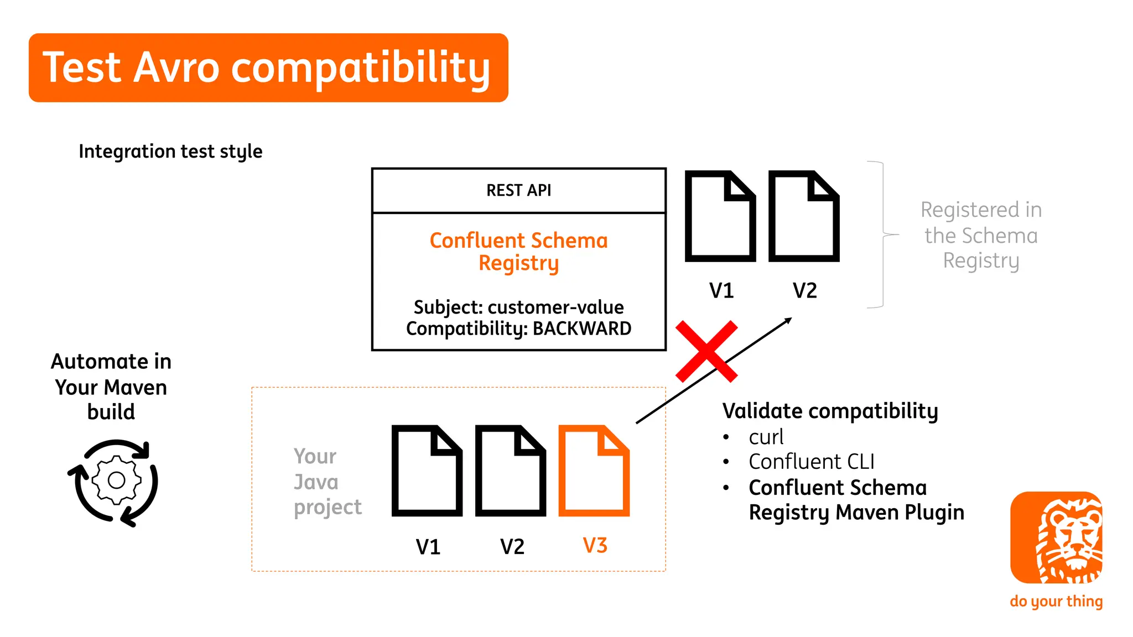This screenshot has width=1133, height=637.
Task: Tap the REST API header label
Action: click(518, 190)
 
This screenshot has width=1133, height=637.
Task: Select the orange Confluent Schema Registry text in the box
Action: click(518, 252)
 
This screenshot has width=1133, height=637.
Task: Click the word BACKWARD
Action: click(581, 328)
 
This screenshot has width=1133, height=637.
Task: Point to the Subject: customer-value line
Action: click(518, 307)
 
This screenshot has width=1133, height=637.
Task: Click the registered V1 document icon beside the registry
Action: click(720, 216)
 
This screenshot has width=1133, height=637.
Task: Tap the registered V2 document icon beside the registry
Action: click(804, 216)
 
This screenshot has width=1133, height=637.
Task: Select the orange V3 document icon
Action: click(594, 471)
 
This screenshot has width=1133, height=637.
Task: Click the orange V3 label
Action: click(595, 546)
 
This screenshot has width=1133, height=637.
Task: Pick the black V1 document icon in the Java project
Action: click(427, 471)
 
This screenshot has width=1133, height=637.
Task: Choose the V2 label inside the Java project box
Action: click(512, 547)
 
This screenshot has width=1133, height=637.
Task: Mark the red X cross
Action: click(706, 352)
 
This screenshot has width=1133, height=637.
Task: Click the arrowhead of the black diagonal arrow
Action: click(788, 320)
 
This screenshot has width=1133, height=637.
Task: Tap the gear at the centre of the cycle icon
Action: click(116, 480)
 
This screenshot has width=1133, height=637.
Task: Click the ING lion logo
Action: click(1056, 537)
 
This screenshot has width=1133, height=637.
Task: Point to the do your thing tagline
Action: click(1056, 601)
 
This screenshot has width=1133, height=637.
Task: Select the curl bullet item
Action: click(766, 437)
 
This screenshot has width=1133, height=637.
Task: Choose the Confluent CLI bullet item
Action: click(811, 462)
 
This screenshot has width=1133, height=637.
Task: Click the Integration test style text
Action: click(170, 152)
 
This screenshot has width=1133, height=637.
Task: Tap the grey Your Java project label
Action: click(328, 482)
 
